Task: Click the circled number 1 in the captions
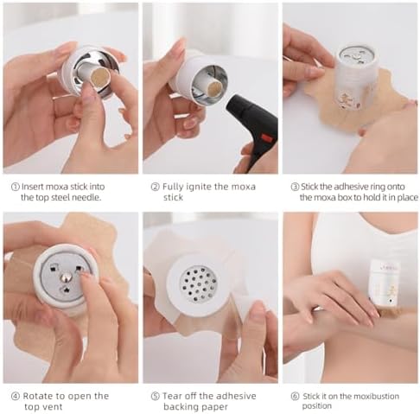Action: (x=15, y=187)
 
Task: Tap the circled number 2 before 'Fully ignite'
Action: (x=155, y=187)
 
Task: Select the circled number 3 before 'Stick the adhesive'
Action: (x=295, y=187)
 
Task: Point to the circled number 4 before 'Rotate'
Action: (x=16, y=396)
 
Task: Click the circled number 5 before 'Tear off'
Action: (x=155, y=396)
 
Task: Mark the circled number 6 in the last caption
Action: (x=295, y=397)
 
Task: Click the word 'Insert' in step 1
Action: (x=33, y=187)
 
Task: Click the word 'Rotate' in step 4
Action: (x=35, y=396)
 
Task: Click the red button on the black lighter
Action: (x=266, y=138)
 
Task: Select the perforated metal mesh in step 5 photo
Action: (x=199, y=283)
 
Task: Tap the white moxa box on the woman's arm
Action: (x=384, y=282)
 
